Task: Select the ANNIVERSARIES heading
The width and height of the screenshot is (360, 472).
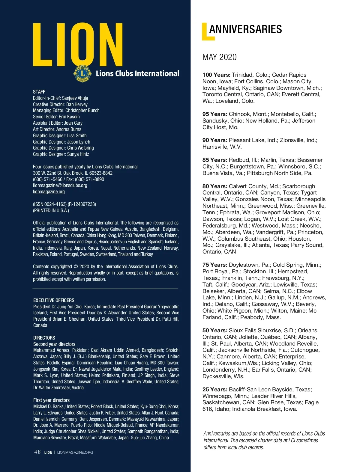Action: pyautogui.click(x=245, y=29)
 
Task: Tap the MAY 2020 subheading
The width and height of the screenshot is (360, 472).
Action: pyautogui.click(x=219, y=57)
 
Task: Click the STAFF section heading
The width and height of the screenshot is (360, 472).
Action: pyautogui.click(x=39, y=92)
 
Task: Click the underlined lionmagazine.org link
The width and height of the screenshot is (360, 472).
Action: pyautogui.click(x=49, y=191)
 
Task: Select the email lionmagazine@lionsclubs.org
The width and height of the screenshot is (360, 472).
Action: pyautogui.click(x=60, y=185)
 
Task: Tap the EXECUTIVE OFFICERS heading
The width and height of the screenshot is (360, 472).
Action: pyautogui.click(x=54, y=300)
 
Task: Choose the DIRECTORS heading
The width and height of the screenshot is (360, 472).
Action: pyautogui.click(x=44, y=338)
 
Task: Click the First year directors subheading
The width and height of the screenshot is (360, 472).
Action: pyautogui.click(x=51, y=400)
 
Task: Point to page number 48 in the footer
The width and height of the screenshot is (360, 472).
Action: pyautogui.click(x=37, y=452)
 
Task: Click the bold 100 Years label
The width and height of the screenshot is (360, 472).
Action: pyautogui.click(x=216, y=75)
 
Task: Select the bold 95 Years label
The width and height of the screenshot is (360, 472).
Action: pyautogui.click(x=215, y=114)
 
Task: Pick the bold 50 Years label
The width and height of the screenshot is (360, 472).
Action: pyautogui.click(x=215, y=331)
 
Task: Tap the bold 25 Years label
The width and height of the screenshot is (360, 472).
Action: pyautogui.click(x=215, y=390)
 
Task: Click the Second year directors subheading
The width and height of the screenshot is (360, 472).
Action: pyautogui.click(x=54, y=344)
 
